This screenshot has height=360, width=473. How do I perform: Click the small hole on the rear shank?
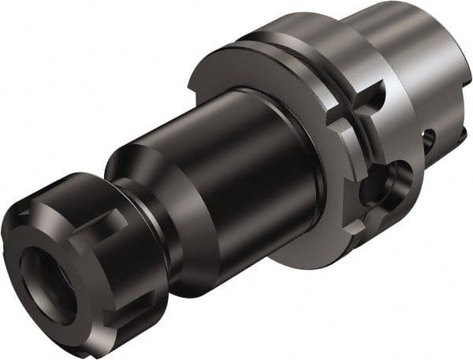(x=429, y=143)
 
